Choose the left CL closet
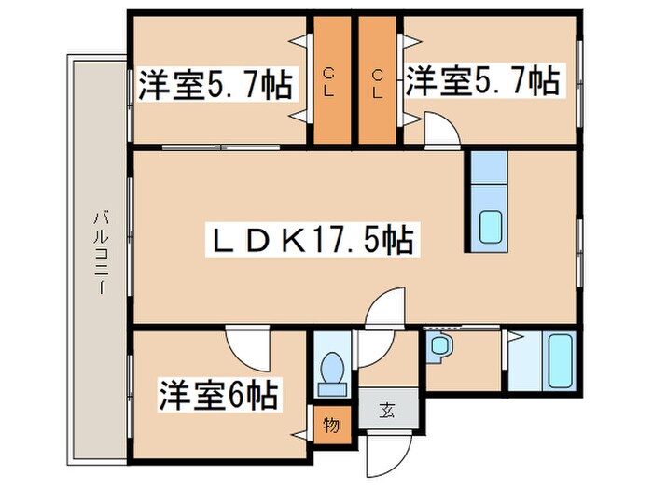pyautogui.click(x=331, y=82)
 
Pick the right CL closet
pyautogui.click(x=379, y=82)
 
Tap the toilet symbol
pyautogui.click(x=331, y=371)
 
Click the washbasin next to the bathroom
pyautogui.click(x=438, y=347)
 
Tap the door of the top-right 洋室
pyautogui.click(x=438, y=130)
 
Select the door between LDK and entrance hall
pyautogui.click(x=384, y=309)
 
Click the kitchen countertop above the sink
pyautogui.click(x=488, y=177)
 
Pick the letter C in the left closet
pyautogui.click(x=331, y=71)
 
